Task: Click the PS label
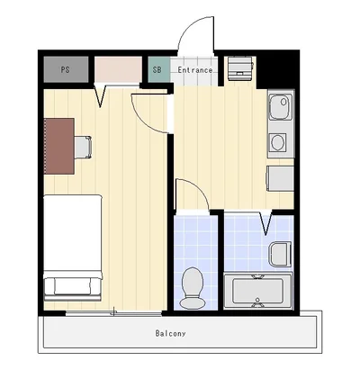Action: (65, 70)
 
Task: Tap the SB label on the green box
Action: (157, 70)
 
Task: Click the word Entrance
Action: (195, 70)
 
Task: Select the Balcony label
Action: (170, 333)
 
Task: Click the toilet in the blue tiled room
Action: (193, 287)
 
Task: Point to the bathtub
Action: (258, 291)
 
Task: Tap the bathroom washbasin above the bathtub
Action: (280, 254)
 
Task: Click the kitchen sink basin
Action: (281, 107)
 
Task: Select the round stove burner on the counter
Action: (278, 142)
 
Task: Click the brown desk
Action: (59, 146)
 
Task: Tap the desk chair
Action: (83, 147)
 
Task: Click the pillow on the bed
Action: (73, 286)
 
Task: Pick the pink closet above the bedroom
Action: (118, 69)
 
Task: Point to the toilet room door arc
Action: (199, 188)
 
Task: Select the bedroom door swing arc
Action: (143, 120)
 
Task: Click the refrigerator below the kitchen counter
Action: (280, 178)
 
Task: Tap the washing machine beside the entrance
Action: (240, 68)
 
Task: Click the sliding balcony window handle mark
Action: (113, 311)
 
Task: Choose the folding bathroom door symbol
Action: (265, 223)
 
